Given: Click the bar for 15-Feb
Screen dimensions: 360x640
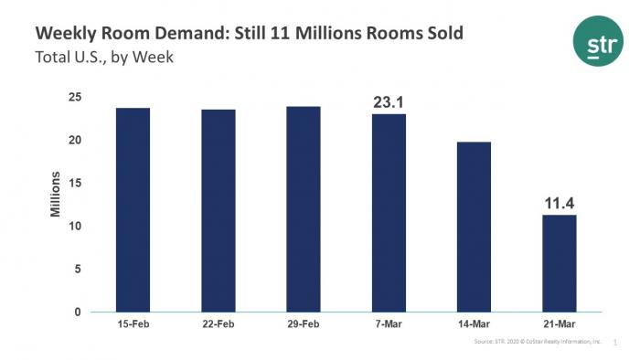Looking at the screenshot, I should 133,210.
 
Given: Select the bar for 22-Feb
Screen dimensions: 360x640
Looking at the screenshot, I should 219,211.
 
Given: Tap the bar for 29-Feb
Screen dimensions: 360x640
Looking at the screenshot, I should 304,209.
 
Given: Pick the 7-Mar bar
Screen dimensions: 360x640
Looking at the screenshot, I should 389,213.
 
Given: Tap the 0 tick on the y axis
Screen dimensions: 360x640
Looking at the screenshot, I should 78,312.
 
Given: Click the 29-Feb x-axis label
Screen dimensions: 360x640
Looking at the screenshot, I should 304,326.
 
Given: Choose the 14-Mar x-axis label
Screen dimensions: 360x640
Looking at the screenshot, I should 474,326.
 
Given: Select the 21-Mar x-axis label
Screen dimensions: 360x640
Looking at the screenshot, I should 559,326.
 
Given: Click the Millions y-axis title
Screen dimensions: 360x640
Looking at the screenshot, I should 55,194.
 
